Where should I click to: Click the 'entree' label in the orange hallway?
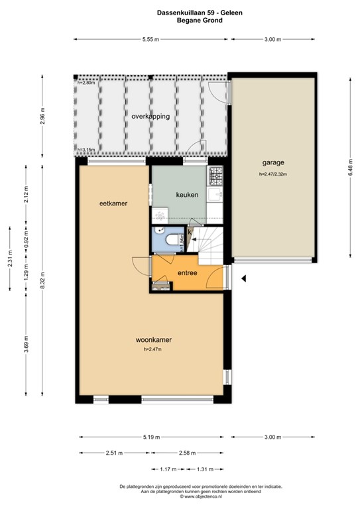pos(188,272)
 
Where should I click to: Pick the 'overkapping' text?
pos(150,116)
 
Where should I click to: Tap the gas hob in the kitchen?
pos(215,176)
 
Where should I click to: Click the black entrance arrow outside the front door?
pos(244,279)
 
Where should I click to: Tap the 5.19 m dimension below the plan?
pos(150,437)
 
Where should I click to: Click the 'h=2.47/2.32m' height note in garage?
pos(277,174)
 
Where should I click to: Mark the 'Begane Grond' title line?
pos(180,21)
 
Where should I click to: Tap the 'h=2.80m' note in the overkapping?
pos(86,83)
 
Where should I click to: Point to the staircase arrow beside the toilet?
pos(190,232)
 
